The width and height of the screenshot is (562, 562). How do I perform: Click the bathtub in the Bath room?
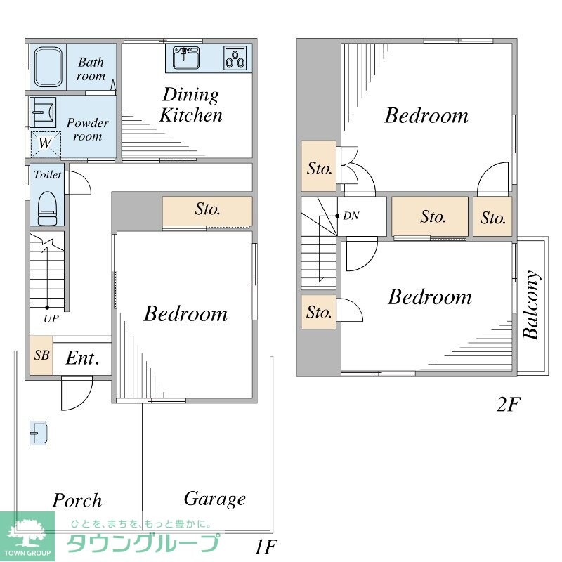(x=48, y=67)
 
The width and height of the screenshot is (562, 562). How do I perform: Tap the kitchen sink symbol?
(x=186, y=58)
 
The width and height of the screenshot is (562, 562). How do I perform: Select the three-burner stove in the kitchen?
(x=235, y=58)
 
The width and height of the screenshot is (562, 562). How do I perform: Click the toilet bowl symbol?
(x=47, y=209)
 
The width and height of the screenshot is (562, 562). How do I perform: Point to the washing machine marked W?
(x=46, y=144)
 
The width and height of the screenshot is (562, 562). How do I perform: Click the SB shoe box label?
(x=41, y=355)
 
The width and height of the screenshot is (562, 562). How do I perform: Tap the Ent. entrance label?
(x=82, y=358)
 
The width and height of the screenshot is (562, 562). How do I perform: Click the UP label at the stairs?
(x=51, y=319)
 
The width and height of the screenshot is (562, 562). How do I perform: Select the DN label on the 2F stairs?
(x=351, y=216)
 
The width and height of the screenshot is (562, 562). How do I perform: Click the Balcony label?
(x=531, y=305)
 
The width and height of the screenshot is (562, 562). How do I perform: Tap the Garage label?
(x=215, y=499)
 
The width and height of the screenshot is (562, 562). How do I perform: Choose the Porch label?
(x=77, y=500)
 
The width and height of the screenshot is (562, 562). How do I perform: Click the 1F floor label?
(x=266, y=547)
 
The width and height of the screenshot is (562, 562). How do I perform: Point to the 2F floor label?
(x=508, y=405)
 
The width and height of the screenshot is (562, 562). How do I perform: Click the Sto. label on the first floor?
(x=207, y=209)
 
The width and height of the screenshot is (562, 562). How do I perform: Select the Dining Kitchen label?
(x=191, y=105)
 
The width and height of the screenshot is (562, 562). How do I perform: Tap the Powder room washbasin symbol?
(x=43, y=112)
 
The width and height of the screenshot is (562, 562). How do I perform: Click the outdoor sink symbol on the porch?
(x=38, y=433)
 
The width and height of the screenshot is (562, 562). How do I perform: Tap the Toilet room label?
(x=47, y=175)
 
